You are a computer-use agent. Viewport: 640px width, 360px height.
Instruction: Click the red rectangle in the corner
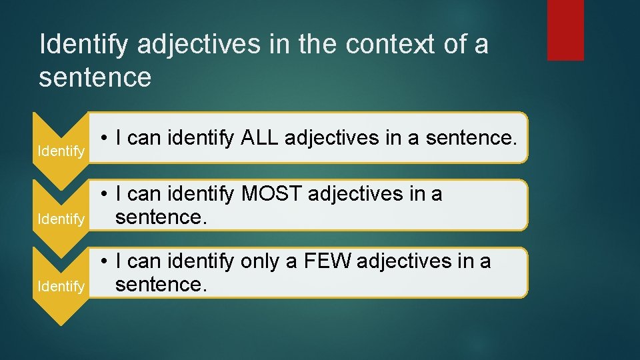pyautogui.click(x=565, y=30)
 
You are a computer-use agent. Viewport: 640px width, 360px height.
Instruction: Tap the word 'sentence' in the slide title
pyautogui.click(x=95, y=77)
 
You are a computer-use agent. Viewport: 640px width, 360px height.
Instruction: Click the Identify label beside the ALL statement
pyautogui.click(x=61, y=151)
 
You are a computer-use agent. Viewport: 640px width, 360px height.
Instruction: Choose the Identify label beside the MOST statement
pyautogui.click(x=61, y=219)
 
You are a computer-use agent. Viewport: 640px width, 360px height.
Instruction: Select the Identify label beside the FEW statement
pyautogui.click(x=61, y=287)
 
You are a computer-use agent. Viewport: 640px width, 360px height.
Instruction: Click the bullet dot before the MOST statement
pyautogui.click(x=105, y=195)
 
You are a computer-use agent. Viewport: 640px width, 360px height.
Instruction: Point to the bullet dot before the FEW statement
pyautogui.click(x=105, y=262)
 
